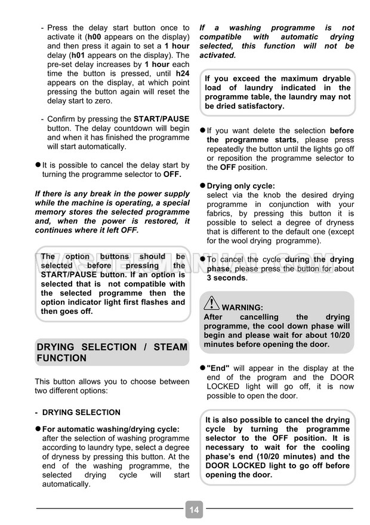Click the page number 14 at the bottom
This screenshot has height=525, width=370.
[194, 510]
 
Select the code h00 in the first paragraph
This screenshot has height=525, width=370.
[95, 36]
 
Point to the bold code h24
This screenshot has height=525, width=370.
[182, 73]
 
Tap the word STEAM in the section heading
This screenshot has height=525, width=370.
[170, 347]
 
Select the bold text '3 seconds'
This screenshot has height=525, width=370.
[226, 278]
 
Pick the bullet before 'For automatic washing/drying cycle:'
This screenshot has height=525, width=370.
[38, 429]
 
